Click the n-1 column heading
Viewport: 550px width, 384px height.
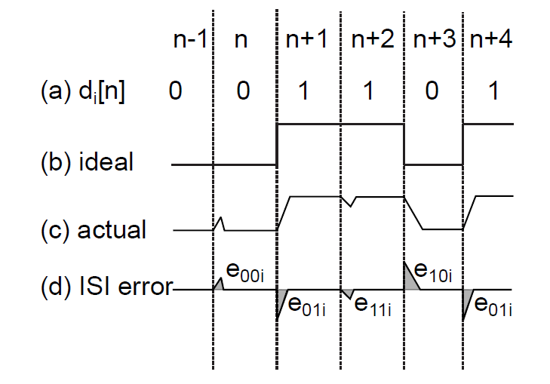pyautogui.click(x=190, y=39)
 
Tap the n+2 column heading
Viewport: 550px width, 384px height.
pyautogui.click(x=373, y=39)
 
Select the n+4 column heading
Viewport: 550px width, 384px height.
pyautogui.click(x=491, y=39)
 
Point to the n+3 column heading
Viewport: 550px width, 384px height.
pyautogui.click(x=435, y=39)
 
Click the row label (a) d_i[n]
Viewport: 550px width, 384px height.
pyautogui.click(x=83, y=92)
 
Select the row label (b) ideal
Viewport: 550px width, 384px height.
pyautogui.click(x=87, y=161)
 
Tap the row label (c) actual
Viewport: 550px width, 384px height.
pyautogui.click(x=94, y=229)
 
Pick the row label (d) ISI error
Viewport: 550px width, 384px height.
pyautogui.click(x=107, y=286)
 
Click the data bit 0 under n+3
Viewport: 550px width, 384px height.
pyautogui.click(x=432, y=91)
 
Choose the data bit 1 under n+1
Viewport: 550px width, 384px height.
pyautogui.click(x=303, y=91)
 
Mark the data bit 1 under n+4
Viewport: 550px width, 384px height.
pyautogui.click(x=493, y=91)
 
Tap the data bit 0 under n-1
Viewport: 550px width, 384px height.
pyautogui.click(x=175, y=91)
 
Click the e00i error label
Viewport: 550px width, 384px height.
pyautogui.click(x=245, y=272)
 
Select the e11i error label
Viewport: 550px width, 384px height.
pyautogui.click(x=373, y=306)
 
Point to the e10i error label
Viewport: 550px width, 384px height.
pyautogui.click(x=433, y=272)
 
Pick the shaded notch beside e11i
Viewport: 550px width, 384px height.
pyautogui.click(x=347, y=293)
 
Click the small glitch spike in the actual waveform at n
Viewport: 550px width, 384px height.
pyautogui.click(x=220, y=224)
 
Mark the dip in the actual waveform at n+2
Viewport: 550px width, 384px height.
pyautogui.click(x=350, y=201)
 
